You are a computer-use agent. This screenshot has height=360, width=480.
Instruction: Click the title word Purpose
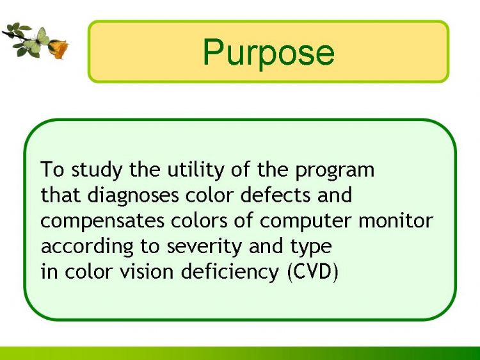point(268,52)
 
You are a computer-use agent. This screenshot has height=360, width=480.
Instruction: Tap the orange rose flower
point(58,49)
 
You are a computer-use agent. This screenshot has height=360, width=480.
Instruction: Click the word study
point(97,170)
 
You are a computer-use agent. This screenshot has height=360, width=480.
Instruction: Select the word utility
point(195,170)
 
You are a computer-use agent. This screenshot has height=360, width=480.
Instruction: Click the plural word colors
point(199,220)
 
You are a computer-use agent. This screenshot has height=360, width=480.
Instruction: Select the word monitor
point(396,220)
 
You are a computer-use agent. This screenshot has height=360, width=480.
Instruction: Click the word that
point(61,195)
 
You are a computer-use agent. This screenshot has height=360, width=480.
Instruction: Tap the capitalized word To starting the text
point(52,169)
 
